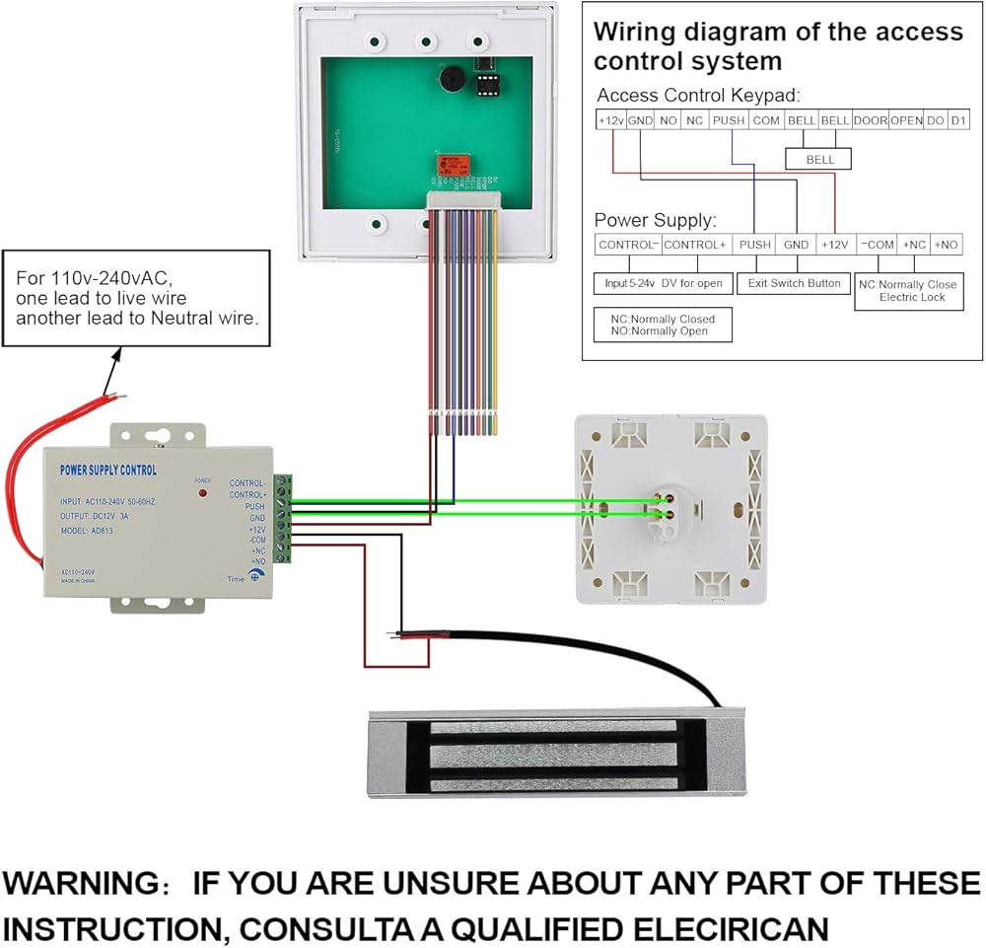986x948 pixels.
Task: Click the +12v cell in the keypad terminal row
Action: coord(610,120)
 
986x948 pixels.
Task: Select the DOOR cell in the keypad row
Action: coord(870,120)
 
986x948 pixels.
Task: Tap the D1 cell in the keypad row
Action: coord(958,120)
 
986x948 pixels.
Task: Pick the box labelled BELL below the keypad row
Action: coord(819,159)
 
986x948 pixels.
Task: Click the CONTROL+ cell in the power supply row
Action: coord(695,245)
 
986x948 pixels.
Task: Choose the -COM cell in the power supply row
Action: coord(877,245)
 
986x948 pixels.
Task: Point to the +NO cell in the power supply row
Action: coord(947,245)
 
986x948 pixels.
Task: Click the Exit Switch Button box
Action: coord(795,283)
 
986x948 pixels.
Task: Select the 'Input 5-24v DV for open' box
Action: coord(664,283)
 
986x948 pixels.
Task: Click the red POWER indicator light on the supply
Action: coord(202,490)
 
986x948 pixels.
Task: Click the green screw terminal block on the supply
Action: coord(282,519)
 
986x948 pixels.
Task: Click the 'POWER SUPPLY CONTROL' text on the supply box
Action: coord(108,471)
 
